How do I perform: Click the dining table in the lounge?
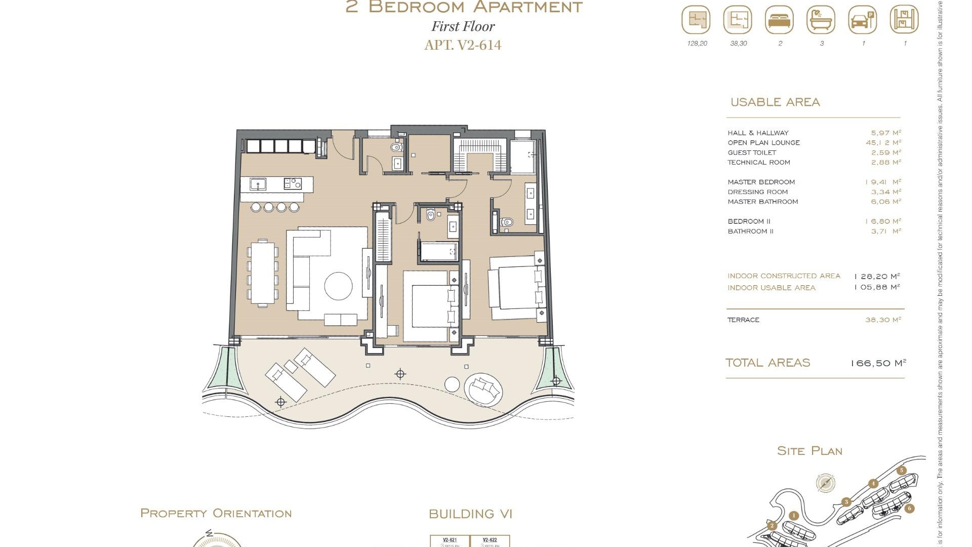[x=263, y=273]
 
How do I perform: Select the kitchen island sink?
[x=258, y=184]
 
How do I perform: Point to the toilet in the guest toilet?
[x=396, y=148]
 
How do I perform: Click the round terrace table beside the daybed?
[x=452, y=384]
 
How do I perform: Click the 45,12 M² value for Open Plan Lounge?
[x=883, y=143]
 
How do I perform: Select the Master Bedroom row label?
[x=761, y=182]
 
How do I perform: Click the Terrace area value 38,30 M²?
[x=883, y=320]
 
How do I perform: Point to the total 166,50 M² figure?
[x=878, y=363]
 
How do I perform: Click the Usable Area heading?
[x=775, y=102]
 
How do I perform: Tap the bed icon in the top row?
[x=779, y=20]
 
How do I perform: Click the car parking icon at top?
[x=862, y=20]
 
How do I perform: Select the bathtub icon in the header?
[x=821, y=20]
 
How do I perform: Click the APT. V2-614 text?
[x=463, y=45]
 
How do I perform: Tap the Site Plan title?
[x=809, y=451]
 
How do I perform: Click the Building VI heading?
[x=470, y=514]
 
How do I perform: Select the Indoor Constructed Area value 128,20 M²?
[x=877, y=277]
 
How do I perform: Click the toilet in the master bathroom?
[x=507, y=222]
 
